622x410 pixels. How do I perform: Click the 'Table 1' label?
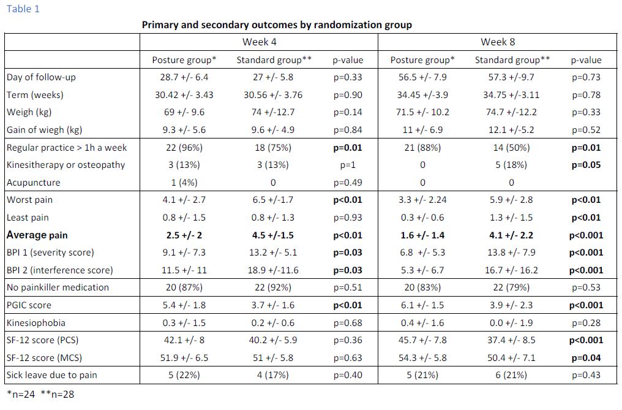pos(23,9)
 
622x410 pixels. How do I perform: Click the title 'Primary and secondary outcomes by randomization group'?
pos(277,25)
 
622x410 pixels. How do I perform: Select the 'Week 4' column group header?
pos(260,42)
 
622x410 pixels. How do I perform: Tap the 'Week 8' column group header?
pos(498,42)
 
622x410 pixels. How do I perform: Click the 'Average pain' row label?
pos(37,235)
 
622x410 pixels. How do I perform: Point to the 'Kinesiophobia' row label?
pos(36,322)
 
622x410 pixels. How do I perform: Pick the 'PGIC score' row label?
pos(29,305)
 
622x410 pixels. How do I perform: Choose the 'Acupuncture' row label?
pos(33,183)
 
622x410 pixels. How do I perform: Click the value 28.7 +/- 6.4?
pos(184,77)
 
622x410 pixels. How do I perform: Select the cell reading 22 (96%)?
pos(184,148)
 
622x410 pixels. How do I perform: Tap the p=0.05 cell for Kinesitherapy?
pos(586,165)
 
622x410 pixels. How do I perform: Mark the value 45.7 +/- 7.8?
pos(422,340)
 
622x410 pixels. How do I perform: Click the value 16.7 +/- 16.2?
pos(511,270)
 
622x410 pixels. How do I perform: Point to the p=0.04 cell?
pos(586,357)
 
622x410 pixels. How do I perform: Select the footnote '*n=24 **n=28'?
pos(40,394)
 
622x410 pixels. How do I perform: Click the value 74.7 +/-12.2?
pos(511,112)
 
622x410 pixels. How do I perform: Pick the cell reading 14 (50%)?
pos(511,148)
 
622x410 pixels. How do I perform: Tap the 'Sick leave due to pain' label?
pos(51,375)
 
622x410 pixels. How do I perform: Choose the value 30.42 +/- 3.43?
pos(184,95)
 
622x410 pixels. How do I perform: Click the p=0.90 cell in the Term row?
pos(348,95)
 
